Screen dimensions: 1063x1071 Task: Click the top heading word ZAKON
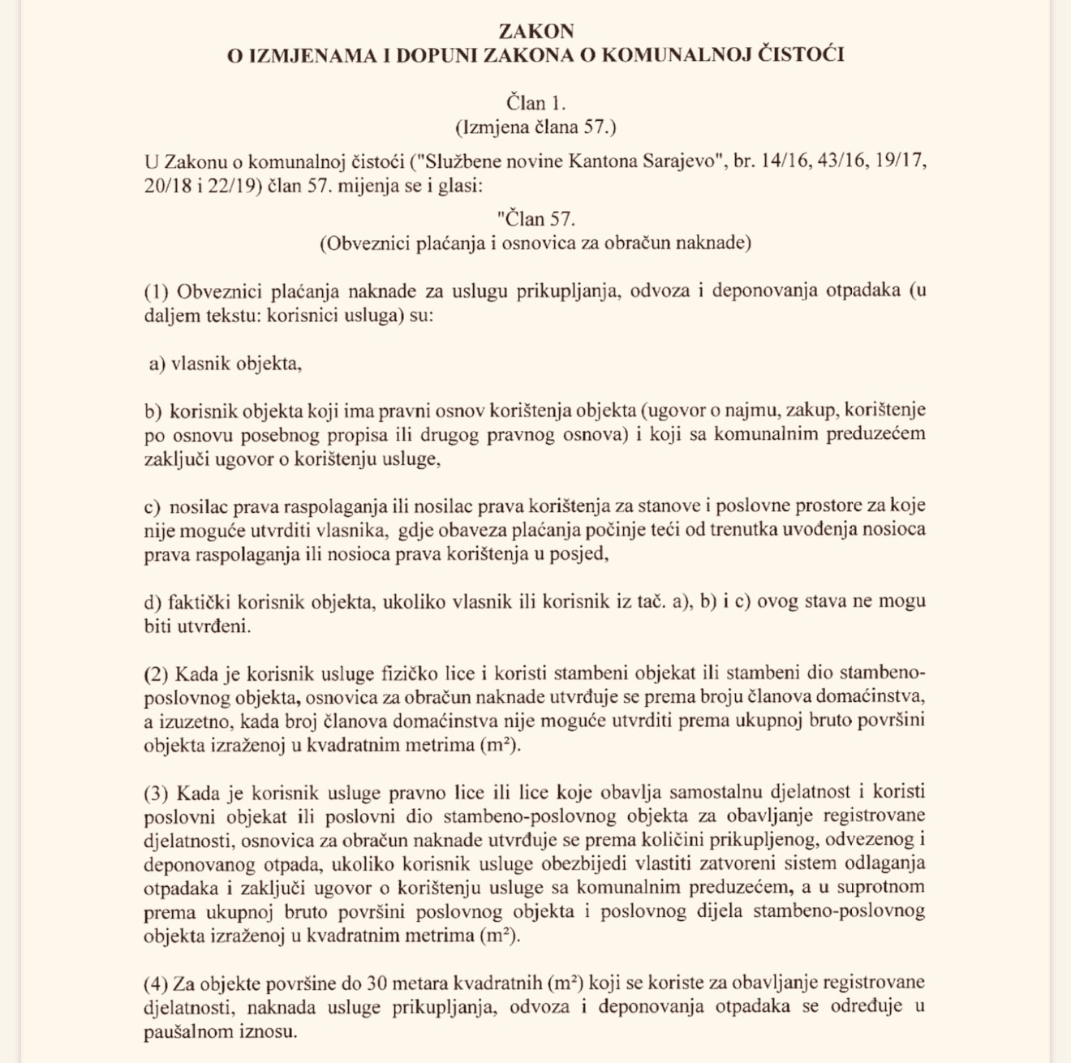535,32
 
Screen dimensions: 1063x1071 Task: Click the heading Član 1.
535,103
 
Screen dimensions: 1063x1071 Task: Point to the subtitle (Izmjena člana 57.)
535,127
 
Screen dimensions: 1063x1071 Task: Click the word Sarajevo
683,161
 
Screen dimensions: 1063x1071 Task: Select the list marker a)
157,364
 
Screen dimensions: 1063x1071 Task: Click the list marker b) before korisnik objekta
153,411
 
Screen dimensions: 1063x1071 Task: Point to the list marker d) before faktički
153,602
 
